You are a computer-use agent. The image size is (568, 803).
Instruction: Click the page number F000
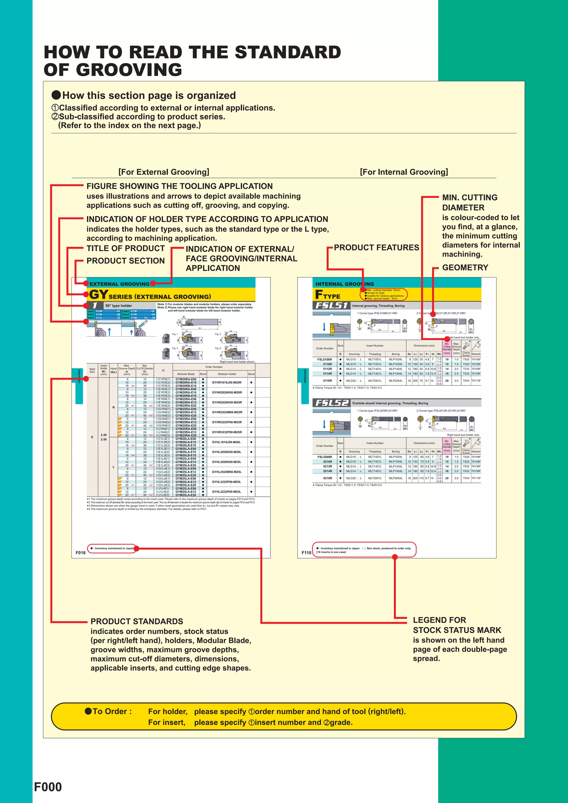(x=48, y=787)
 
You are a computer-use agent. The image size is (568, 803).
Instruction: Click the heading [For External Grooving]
(x=164, y=172)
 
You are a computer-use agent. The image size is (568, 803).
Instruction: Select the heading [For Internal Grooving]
(x=404, y=172)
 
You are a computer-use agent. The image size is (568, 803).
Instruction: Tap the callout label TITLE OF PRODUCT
(x=125, y=248)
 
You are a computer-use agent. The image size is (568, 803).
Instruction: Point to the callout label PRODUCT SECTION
(x=125, y=261)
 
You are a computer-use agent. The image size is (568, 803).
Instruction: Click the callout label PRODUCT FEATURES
(x=376, y=248)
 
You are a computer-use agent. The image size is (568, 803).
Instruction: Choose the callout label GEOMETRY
(x=465, y=267)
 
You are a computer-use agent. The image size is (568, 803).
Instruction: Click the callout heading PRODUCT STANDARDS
(x=136, y=621)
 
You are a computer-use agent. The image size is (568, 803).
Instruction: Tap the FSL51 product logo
(x=331, y=305)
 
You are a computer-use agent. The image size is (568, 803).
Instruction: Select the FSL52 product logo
(x=331, y=403)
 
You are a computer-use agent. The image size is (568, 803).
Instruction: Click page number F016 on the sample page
(x=80, y=553)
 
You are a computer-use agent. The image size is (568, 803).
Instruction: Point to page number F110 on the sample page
(x=306, y=553)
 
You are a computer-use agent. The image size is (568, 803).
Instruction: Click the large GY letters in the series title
(x=98, y=294)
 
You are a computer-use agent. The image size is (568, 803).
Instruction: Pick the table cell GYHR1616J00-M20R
(x=227, y=382)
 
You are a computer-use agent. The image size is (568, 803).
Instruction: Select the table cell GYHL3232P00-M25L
(x=227, y=491)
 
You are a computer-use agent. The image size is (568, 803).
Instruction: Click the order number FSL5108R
(x=324, y=359)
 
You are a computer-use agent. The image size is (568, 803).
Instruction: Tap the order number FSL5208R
(x=324, y=457)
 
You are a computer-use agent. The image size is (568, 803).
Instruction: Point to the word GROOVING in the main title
(x=129, y=70)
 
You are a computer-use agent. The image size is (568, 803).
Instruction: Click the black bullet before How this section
(x=56, y=95)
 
